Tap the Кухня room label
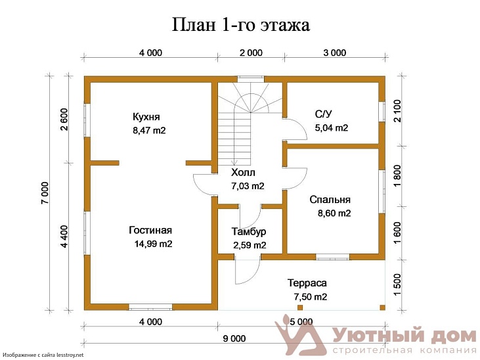(146, 117)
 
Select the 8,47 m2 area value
(149, 131)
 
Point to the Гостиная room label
(150, 230)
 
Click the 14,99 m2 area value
(153, 244)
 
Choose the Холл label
(243, 173)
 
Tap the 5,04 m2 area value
(332, 128)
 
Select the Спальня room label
(330, 200)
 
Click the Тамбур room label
(249, 232)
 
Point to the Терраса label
(307, 283)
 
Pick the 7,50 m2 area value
(311, 298)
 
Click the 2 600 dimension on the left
(64, 119)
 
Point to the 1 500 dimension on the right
(397, 286)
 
